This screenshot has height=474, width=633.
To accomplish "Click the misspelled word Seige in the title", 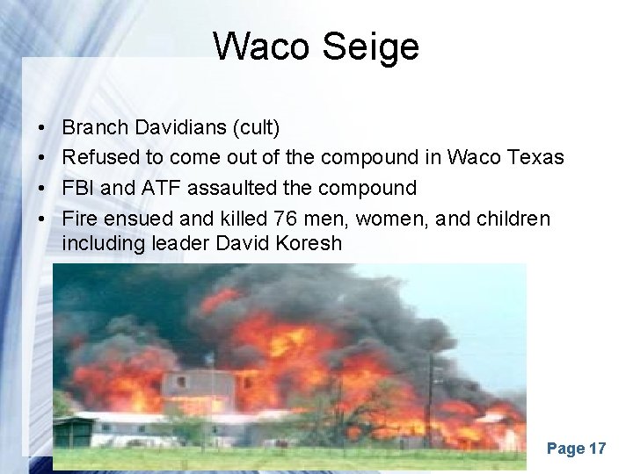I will pyautogui.click(x=370, y=47).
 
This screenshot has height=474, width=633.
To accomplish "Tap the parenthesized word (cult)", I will pyautogui.click(x=255, y=128).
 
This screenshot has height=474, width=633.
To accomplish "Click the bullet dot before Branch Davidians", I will pyautogui.click(x=43, y=129).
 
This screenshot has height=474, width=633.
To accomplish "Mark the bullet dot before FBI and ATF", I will pyautogui.click(x=43, y=188).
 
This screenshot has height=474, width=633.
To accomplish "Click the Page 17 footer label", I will pyautogui.click(x=576, y=449).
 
